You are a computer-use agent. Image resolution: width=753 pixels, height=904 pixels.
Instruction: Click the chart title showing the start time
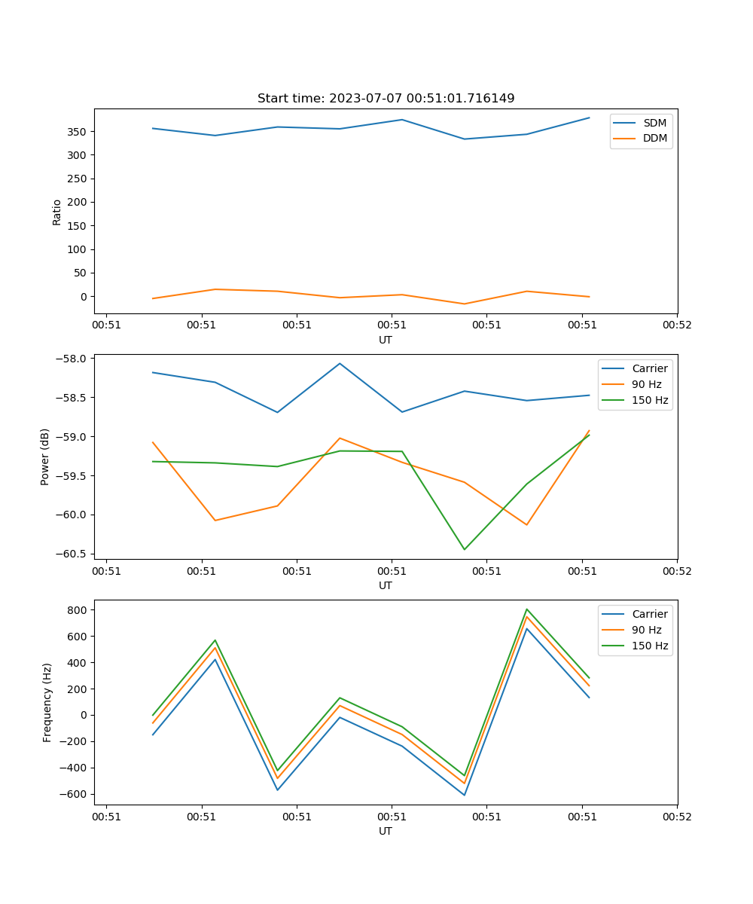(x=386, y=99)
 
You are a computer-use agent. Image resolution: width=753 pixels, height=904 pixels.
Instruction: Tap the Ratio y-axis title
(x=57, y=211)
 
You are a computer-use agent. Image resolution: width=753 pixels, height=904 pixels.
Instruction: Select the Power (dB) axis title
(x=45, y=457)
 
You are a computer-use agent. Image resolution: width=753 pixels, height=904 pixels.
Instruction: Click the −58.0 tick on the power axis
(x=74, y=359)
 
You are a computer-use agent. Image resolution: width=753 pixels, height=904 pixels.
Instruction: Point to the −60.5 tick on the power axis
(x=74, y=554)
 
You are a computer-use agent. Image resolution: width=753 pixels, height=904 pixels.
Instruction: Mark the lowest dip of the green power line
(x=464, y=549)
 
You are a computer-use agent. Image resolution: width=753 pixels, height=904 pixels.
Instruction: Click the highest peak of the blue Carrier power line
(x=340, y=364)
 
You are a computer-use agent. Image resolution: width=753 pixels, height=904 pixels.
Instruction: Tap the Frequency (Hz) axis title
(x=47, y=702)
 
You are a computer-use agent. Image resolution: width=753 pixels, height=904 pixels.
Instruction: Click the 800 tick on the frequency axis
(x=78, y=609)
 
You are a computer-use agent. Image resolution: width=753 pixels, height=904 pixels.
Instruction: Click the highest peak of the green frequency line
(x=526, y=609)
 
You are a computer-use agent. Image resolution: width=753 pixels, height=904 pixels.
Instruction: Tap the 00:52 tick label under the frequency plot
(x=676, y=816)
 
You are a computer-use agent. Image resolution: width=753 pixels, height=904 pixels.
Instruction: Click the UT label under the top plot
(x=386, y=340)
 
